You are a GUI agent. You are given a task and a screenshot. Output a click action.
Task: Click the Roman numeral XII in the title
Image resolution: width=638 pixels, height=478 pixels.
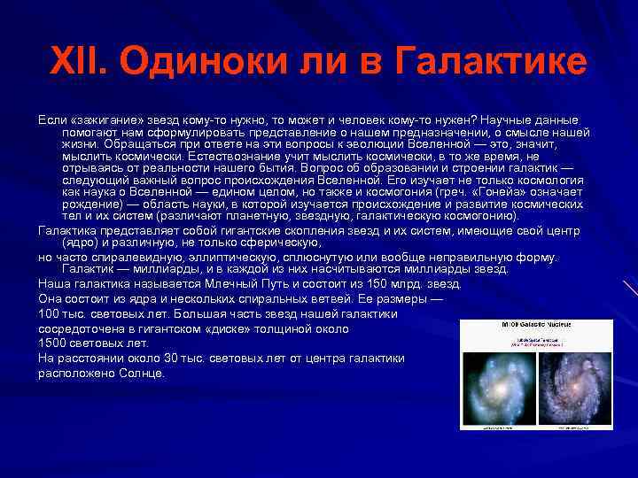tap(83, 62)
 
